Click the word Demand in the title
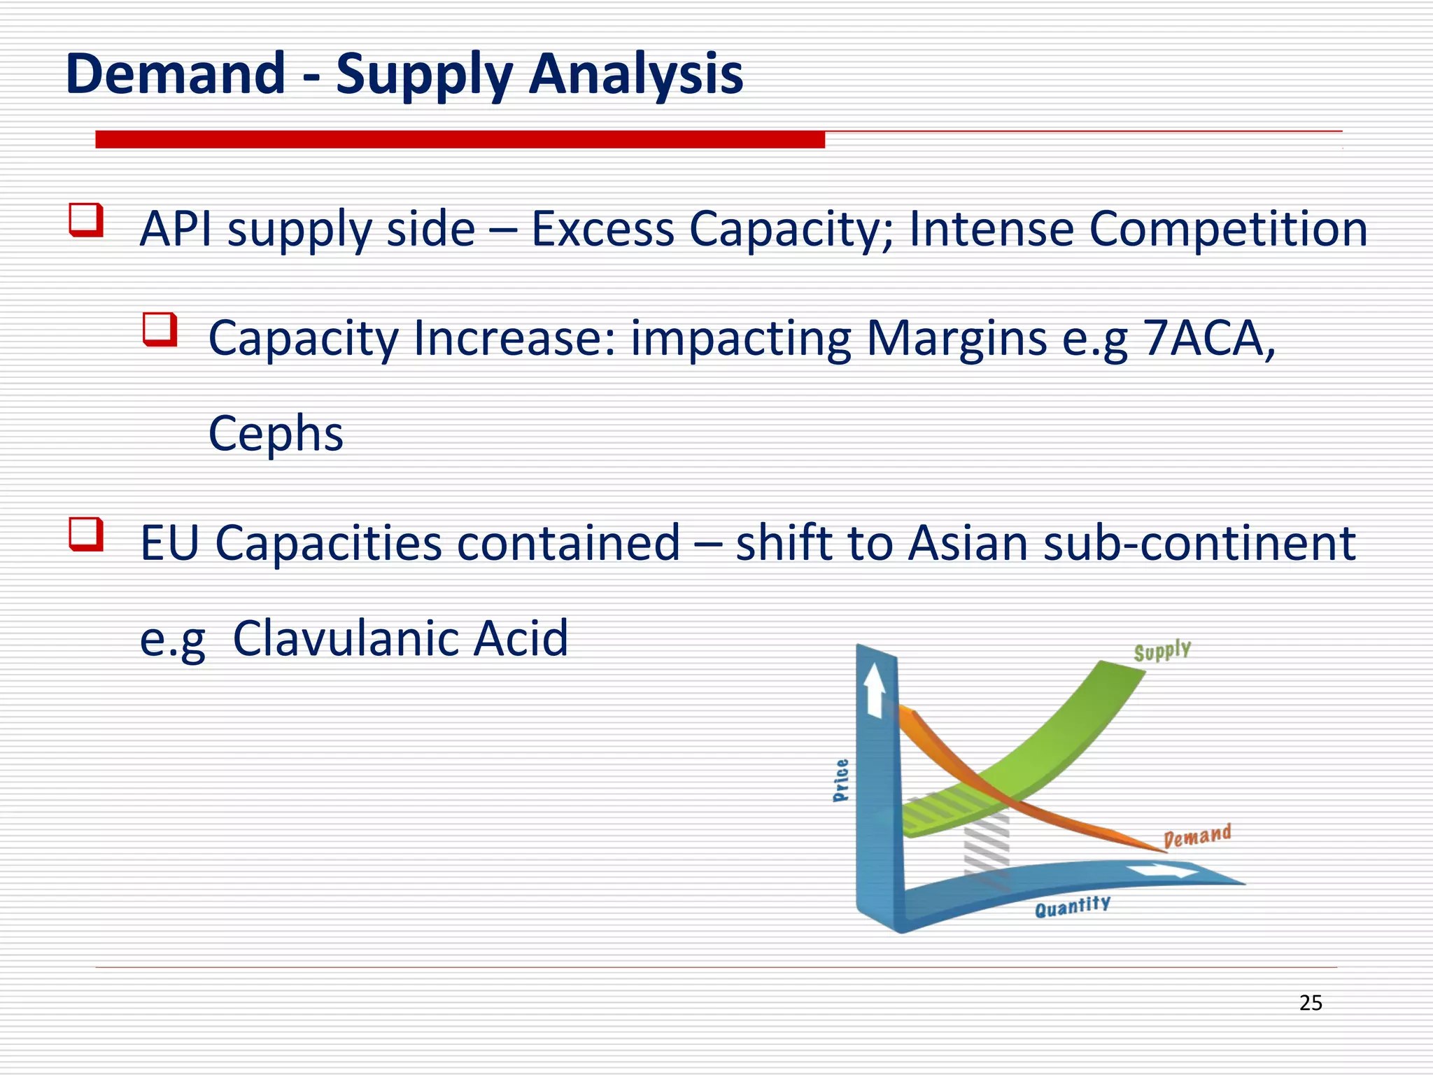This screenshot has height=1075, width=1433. pos(175,73)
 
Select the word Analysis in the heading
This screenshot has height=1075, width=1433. pos(635,73)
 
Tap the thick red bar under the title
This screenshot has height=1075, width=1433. pos(460,139)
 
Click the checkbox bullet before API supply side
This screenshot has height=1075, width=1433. pos(86,220)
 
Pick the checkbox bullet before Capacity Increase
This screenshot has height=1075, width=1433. pos(160,329)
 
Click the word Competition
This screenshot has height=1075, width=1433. pos(1228,229)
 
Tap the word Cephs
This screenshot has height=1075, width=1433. pos(276,433)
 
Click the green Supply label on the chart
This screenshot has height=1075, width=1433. pos(1162,651)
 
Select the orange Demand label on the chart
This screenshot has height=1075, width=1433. pos(1197,836)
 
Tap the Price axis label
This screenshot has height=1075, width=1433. pos(841,780)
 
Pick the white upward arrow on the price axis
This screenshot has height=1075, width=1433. pos(874,690)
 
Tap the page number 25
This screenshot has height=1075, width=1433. pos(1311,1003)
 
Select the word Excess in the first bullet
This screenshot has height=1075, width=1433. pos(602,229)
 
